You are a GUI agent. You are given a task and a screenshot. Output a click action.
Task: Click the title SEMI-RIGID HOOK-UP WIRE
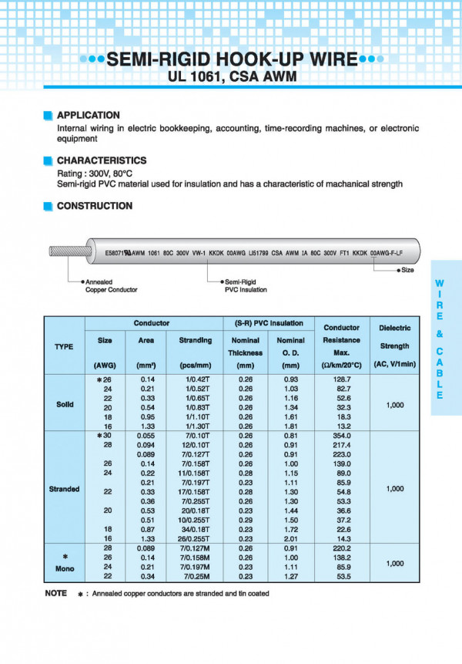tap(231, 59)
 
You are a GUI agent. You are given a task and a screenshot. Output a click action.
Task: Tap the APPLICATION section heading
tap(89, 115)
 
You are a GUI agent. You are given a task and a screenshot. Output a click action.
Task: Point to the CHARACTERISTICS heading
tap(102, 160)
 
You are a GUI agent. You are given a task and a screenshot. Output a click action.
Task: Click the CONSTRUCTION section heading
tap(95, 206)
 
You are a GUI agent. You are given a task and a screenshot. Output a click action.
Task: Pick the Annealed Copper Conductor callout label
tap(111, 286)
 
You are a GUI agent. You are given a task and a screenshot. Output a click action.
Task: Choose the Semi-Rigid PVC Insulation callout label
tap(246, 286)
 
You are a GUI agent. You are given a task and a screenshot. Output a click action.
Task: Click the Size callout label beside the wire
tap(407, 271)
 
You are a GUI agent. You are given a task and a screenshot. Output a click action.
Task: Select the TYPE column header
tap(64, 346)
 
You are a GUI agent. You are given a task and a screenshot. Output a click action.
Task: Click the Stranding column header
tap(195, 340)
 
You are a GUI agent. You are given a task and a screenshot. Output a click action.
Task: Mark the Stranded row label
tap(64, 489)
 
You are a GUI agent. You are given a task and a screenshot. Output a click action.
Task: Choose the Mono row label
tap(64, 570)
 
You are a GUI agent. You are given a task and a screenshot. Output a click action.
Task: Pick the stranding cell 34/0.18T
tap(195, 528)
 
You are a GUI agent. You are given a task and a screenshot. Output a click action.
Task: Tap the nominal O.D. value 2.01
tap(290, 538)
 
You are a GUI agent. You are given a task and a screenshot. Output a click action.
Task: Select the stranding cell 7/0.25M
tap(195, 575)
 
